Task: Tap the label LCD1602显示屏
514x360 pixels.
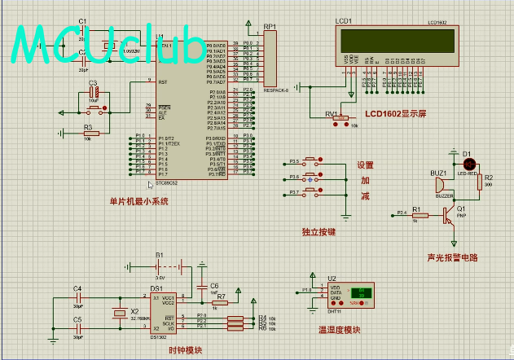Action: point(396,113)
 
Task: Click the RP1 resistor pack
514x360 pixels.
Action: point(270,58)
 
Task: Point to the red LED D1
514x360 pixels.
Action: point(468,165)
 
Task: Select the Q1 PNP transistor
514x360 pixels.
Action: point(446,216)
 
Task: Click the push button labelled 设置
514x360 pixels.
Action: point(314,162)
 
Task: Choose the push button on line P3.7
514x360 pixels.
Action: point(314,192)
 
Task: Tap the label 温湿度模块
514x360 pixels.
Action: point(339,330)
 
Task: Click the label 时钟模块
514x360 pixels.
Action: point(184,350)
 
